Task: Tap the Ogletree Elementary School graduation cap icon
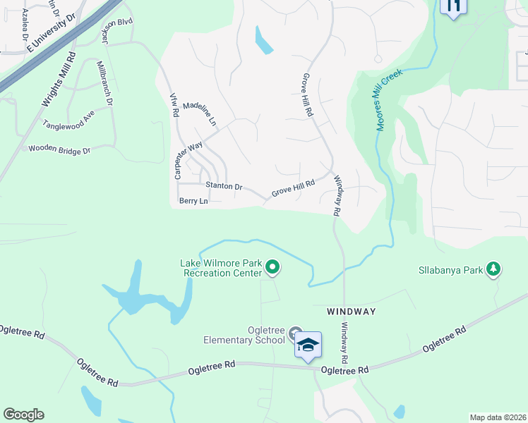click(308, 345)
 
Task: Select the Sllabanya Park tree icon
click(494, 269)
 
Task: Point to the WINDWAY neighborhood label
click(351, 311)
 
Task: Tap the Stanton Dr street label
click(224, 187)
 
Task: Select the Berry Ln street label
click(193, 201)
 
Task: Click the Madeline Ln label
click(200, 114)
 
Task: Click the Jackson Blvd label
click(116, 32)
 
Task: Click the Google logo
click(23, 415)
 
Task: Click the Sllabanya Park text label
click(450, 269)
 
